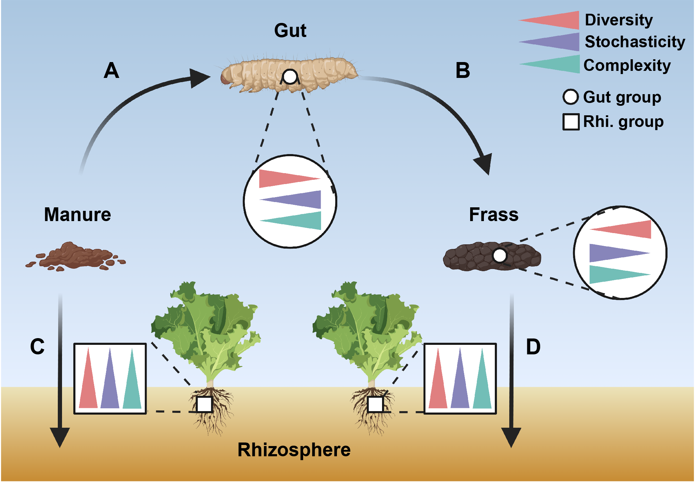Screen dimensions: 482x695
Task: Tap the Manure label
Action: [78, 214]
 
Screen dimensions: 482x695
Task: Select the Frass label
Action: [494, 214]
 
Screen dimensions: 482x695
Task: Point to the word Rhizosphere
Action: [294, 450]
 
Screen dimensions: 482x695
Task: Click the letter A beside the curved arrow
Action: [111, 71]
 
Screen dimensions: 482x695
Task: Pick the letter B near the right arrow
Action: [463, 71]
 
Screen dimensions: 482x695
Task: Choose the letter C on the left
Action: [37, 347]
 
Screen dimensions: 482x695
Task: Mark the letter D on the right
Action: [533, 347]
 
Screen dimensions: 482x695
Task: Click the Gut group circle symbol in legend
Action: [571, 97]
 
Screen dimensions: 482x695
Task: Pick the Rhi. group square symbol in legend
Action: [571, 122]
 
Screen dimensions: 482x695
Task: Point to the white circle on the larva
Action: [290, 77]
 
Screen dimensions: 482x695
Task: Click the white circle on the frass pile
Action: [499, 256]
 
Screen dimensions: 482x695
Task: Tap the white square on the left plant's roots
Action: [204, 404]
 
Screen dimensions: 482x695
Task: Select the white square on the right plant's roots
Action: [375, 404]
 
